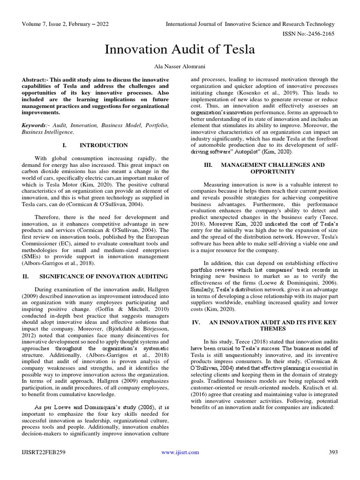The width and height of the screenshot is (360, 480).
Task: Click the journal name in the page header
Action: (250, 24)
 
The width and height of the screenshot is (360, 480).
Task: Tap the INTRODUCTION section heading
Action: (104, 145)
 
